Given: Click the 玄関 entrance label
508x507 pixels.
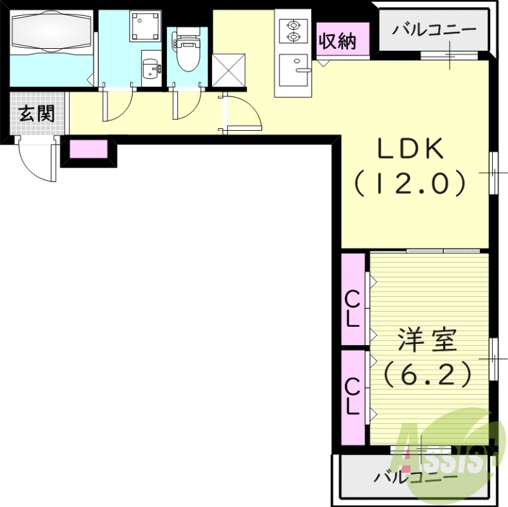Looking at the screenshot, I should click(36, 114).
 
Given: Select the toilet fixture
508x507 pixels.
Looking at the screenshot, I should click(187, 53).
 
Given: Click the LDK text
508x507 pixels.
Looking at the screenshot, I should click(410, 150).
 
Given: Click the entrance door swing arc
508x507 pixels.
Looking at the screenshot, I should click(35, 162).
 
